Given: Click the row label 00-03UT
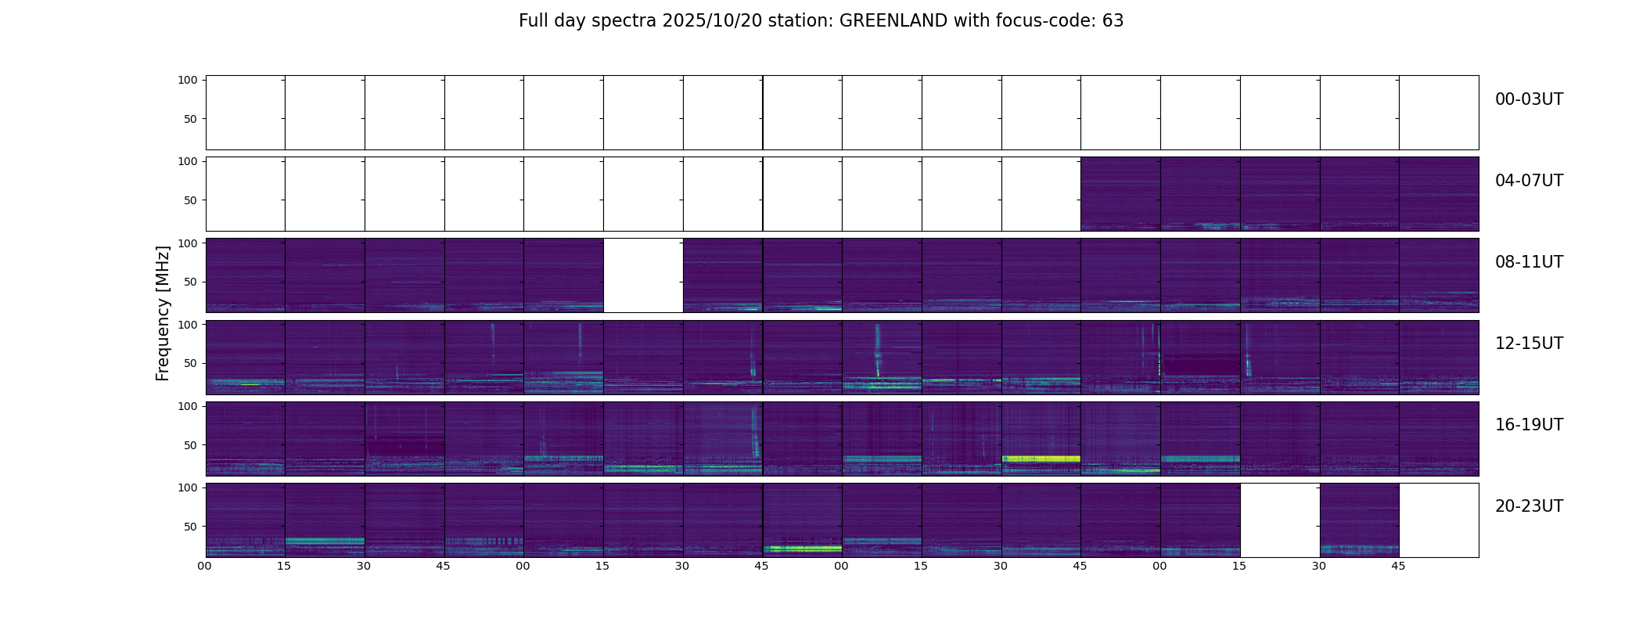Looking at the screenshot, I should point(1529,99).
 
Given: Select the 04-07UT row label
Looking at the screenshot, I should point(1529,181).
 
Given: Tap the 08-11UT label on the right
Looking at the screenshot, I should point(1529,262).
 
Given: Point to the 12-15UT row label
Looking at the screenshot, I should point(1529,344).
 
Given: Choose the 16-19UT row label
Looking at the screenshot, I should point(1529,425).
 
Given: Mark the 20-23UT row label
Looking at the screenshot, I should point(1529,506).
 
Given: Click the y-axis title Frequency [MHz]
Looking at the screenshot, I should point(163,313).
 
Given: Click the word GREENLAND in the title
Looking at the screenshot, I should point(893,21).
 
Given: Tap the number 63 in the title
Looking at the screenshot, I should point(1113,21).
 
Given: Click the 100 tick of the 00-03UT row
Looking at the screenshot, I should point(188,80).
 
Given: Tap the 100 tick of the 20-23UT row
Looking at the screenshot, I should point(188,487).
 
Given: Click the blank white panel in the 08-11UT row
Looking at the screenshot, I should point(643,275).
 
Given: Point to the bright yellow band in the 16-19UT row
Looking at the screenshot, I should point(1041,459).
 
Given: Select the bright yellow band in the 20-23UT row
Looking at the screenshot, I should point(802,549).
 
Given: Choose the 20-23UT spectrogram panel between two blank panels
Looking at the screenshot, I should point(1359,520).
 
